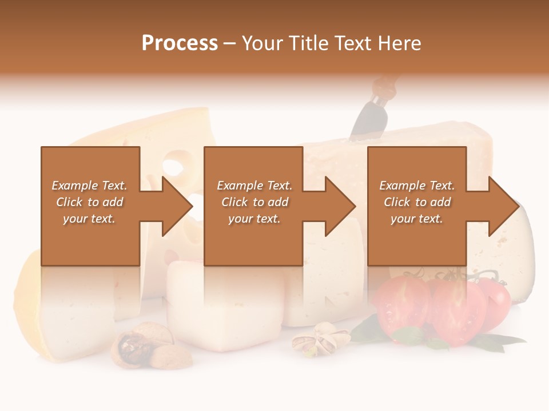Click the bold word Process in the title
coord(180,43)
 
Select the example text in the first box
coord(89,202)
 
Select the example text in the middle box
coord(254,202)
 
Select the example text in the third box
coord(417,202)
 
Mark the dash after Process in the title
coord(230,44)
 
